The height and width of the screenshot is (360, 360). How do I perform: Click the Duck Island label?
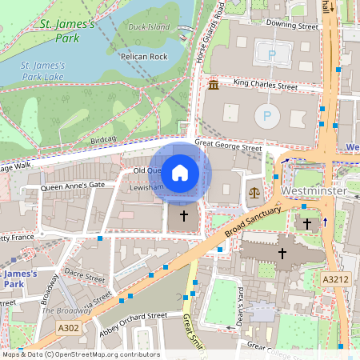tap(148, 26)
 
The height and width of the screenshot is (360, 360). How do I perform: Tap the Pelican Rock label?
tap(142, 58)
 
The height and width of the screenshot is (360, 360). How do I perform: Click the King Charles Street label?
tap(265, 83)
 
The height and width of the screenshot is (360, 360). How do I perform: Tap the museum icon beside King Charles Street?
tap(214, 85)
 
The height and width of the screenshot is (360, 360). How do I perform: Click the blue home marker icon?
tap(181, 172)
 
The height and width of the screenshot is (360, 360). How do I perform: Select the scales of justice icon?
tap(254, 192)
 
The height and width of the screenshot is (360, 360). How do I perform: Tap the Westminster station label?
tap(313, 193)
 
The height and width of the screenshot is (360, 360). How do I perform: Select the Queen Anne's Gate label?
tap(73, 185)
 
